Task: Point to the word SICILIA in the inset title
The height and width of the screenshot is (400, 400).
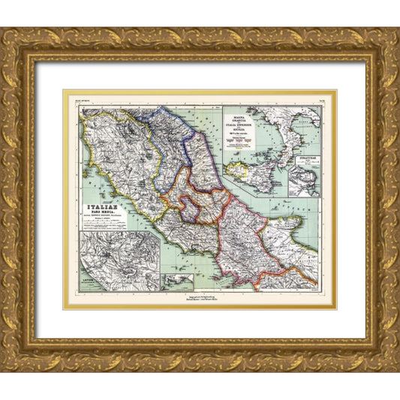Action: tap(239, 131)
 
